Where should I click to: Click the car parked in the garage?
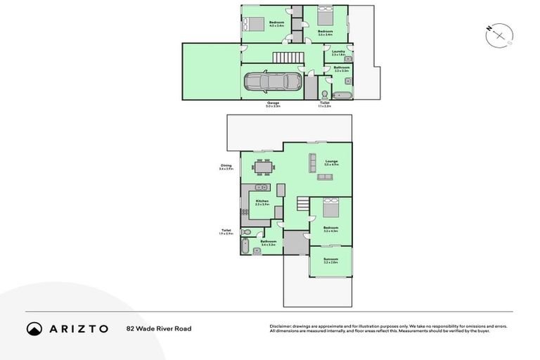tap(266, 83)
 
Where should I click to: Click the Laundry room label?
tap(338, 52)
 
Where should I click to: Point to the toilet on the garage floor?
tap(323, 95)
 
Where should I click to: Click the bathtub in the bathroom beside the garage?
tap(342, 95)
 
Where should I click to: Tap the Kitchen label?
tap(262, 202)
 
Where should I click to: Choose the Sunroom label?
tap(330, 260)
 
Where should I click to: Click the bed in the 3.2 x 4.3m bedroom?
tap(330, 208)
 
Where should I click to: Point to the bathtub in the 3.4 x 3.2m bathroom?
tap(245, 247)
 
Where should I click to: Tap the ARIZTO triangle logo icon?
tap(34, 328)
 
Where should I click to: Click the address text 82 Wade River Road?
tap(159, 328)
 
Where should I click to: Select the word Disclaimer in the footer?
tap(281, 326)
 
